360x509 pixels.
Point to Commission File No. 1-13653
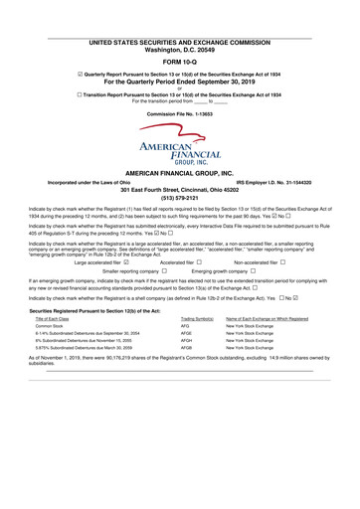(x=179, y=113)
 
